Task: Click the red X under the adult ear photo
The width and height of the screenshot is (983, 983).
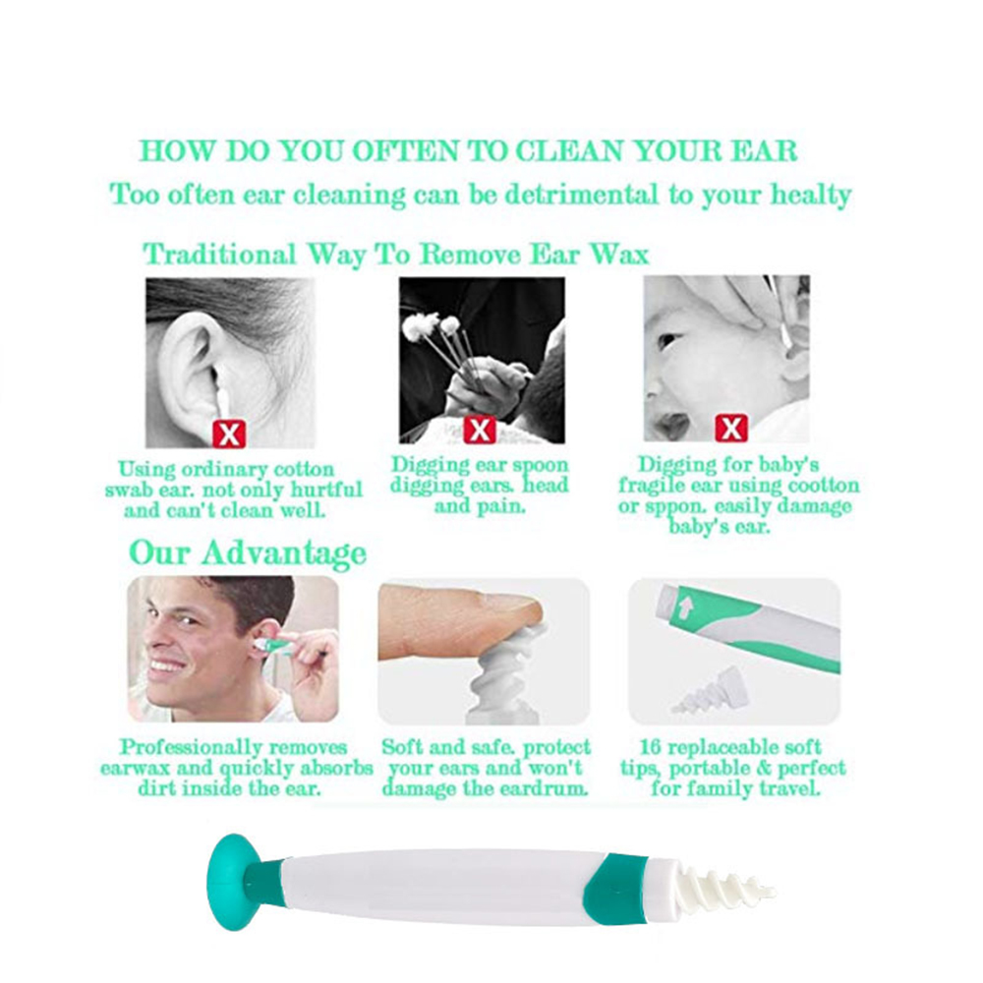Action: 228,432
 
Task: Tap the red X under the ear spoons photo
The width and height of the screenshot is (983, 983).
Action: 479,430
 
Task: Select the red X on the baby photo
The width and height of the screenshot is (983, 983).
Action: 730,428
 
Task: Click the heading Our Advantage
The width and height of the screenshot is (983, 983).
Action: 248,552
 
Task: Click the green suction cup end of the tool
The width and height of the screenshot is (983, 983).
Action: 232,881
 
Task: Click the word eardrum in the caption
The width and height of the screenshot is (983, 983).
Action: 544,788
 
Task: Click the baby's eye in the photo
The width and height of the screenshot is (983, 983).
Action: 668,340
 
